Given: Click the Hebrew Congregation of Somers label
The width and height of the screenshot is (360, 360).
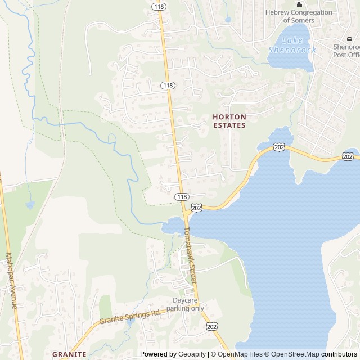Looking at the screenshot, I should pos(299,16).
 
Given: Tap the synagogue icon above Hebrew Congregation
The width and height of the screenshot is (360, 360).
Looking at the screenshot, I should pos(299,4).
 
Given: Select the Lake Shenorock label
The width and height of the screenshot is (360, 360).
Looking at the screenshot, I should pos(292,45).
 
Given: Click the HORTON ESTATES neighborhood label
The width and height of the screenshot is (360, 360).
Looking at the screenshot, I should pos(229,121).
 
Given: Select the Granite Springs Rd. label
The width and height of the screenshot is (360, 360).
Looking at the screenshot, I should pos(130,317).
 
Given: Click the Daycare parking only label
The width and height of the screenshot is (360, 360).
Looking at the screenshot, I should pos(185,304).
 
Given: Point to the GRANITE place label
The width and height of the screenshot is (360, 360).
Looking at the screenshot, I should pos(69,354).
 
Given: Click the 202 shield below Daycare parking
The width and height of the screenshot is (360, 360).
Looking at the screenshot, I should pos(211,326).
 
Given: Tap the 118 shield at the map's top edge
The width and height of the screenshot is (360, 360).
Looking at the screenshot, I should pos(159,6).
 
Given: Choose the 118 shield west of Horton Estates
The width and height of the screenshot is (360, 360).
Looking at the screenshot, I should pos(167,85).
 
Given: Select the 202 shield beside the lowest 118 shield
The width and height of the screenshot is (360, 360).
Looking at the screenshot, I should pos(196,208).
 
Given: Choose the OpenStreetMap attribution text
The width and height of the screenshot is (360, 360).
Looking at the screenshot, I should pos(294,354).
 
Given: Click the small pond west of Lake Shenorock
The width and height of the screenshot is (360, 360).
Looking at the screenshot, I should pos(228,20).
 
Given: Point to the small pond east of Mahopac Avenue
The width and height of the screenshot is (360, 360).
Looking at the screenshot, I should pos(30,205).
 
